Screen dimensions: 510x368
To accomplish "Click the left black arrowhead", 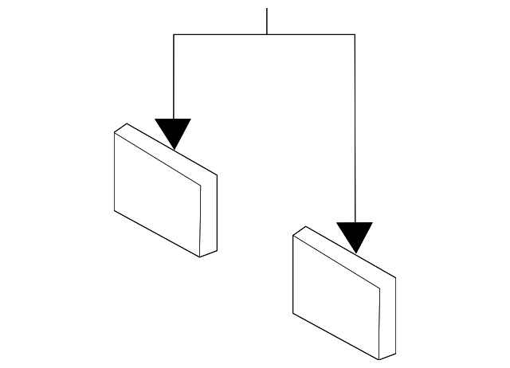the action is point(174,131).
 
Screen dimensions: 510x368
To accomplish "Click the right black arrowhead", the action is point(355,235).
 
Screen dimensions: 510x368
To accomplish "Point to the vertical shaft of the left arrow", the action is point(174,76).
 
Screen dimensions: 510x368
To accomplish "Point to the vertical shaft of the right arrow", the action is point(355,127).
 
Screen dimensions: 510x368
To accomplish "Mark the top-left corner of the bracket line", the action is point(174,34).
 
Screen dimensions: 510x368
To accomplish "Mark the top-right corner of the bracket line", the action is point(355,34).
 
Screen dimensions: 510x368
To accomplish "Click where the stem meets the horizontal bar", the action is point(266,34).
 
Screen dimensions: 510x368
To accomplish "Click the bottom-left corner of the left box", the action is point(115,210).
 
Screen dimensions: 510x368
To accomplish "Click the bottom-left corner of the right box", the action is point(294,314).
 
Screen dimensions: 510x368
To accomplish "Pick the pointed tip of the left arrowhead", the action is point(174,149).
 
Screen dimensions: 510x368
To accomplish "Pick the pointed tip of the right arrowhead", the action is point(355,253).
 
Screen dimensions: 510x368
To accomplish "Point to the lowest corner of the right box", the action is point(378,359).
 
